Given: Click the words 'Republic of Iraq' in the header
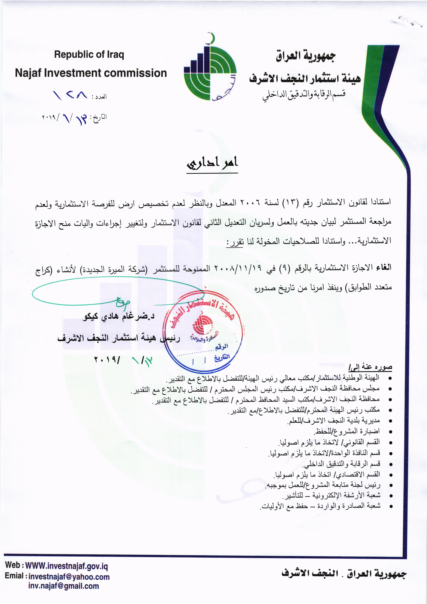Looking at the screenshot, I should (x=89, y=55).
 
